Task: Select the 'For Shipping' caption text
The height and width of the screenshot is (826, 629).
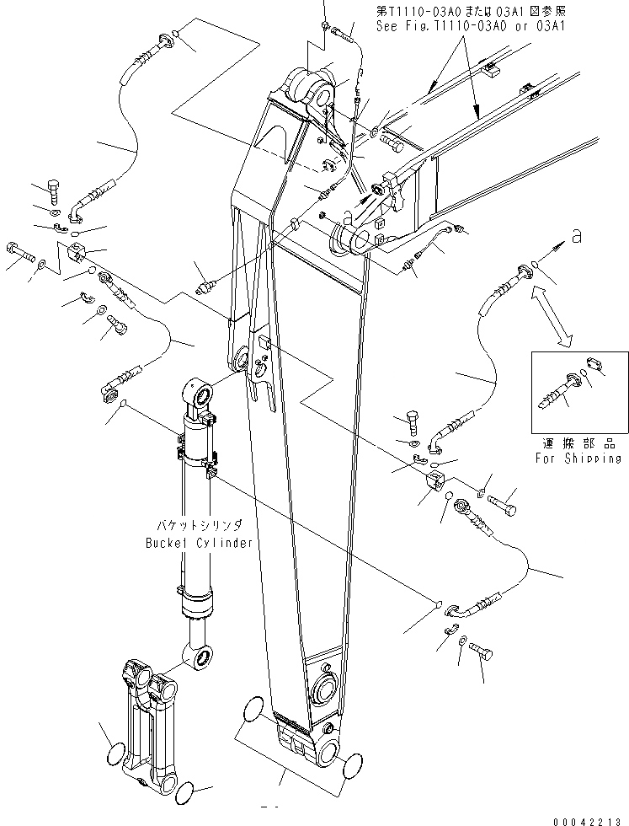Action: (x=578, y=459)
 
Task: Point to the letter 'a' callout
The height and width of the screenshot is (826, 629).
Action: (x=576, y=238)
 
